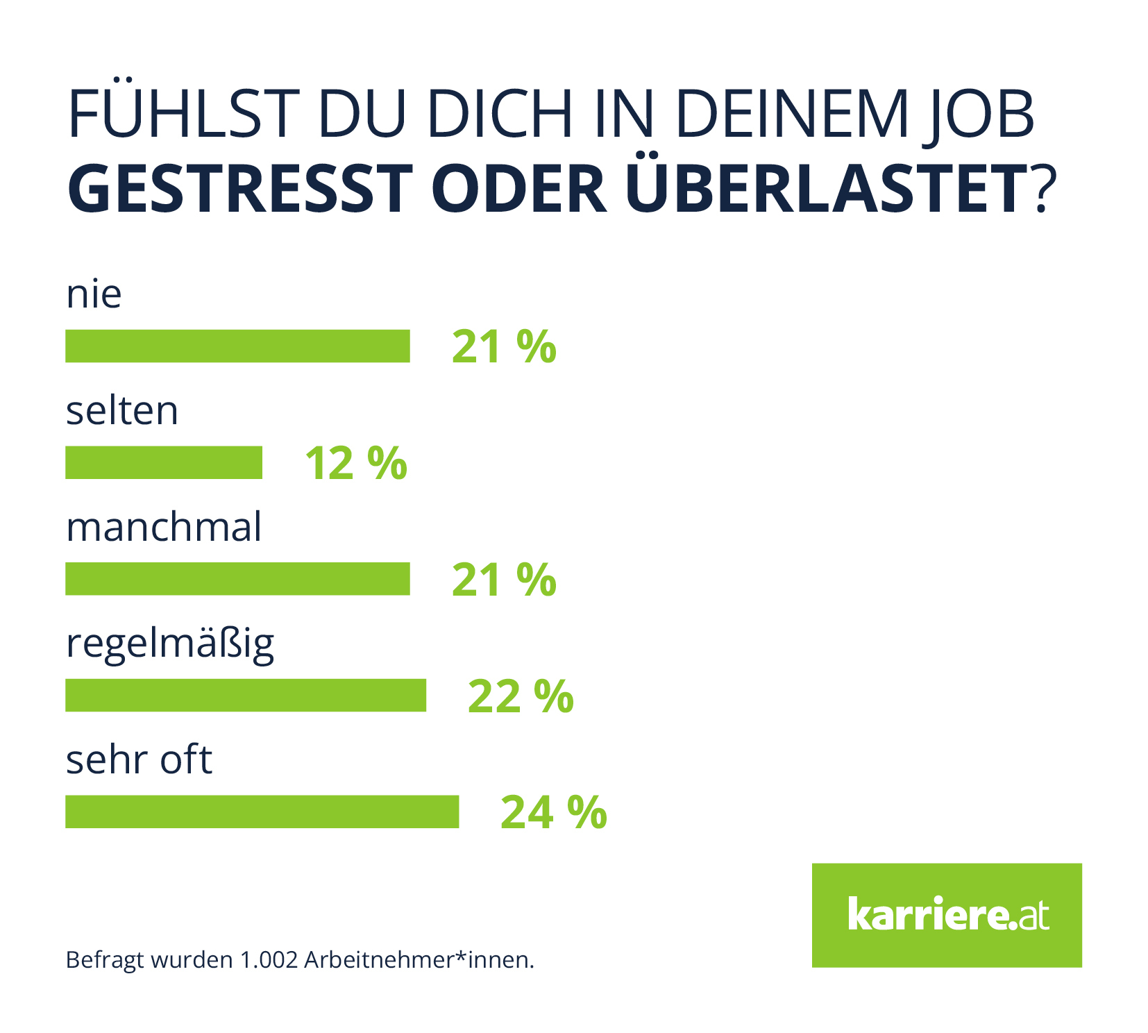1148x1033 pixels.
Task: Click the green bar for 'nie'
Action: [237, 346]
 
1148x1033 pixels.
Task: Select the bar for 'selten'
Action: [164, 462]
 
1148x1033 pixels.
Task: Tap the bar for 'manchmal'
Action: [237, 578]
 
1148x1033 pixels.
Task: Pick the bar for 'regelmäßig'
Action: [246, 695]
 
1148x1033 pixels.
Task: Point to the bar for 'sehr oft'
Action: [262, 812]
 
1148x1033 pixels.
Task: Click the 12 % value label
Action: [356, 463]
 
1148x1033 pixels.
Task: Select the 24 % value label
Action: [553, 812]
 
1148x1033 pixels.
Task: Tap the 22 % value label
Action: [521, 696]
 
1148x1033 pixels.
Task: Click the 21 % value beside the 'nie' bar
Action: [504, 346]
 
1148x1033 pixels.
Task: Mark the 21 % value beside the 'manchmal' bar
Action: [504, 580]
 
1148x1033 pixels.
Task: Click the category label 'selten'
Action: [122, 411]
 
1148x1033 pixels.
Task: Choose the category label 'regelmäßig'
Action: [170, 645]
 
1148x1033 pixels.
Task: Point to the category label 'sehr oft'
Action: [139, 760]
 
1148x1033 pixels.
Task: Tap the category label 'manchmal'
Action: [164, 527]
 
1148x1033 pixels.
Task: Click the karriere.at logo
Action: [947, 915]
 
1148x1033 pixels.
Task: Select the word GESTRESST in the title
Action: [240, 189]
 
